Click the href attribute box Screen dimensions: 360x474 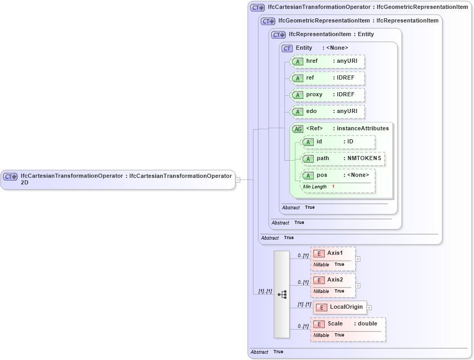coord(327,62)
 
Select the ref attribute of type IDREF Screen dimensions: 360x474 coord(327,78)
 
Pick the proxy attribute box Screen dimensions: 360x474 coord(327,95)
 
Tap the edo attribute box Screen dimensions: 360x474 coord(327,112)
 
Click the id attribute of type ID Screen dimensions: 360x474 coord(338,142)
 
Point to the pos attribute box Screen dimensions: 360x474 coord(338,176)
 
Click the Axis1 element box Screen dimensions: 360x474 coord(333,254)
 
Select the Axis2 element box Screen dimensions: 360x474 coord(333,280)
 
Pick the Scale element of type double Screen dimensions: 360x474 coord(348,324)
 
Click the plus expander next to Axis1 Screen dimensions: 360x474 coord(358,258)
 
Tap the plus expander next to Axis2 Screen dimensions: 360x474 coord(358,285)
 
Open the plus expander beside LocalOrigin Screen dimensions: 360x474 coord(370,308)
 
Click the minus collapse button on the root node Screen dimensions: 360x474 coord(238,179)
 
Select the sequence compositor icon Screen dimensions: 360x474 coord(282,295)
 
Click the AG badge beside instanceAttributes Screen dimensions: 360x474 coord(297,129)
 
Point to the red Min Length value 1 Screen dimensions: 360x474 coord(333,187)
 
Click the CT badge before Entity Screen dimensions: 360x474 coord(287,48)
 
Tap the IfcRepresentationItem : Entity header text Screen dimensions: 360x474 coord(331,35)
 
